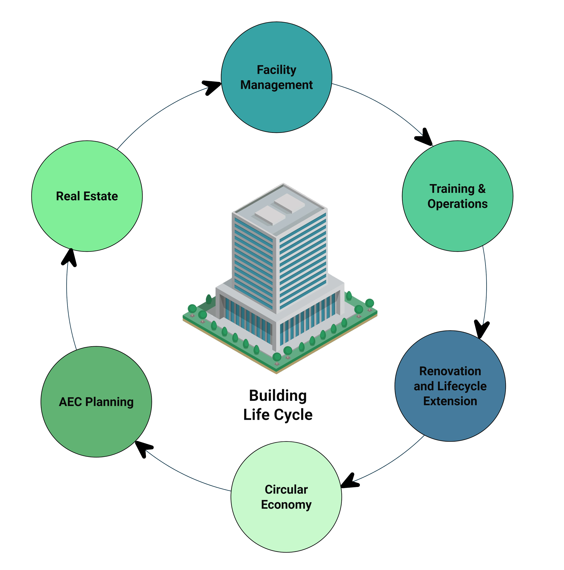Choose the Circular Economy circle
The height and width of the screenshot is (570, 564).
286,528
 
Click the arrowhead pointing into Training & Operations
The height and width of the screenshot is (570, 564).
425,138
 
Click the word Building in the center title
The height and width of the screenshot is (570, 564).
278,396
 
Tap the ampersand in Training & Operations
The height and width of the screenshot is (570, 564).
482,189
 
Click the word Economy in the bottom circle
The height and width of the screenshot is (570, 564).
286,505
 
